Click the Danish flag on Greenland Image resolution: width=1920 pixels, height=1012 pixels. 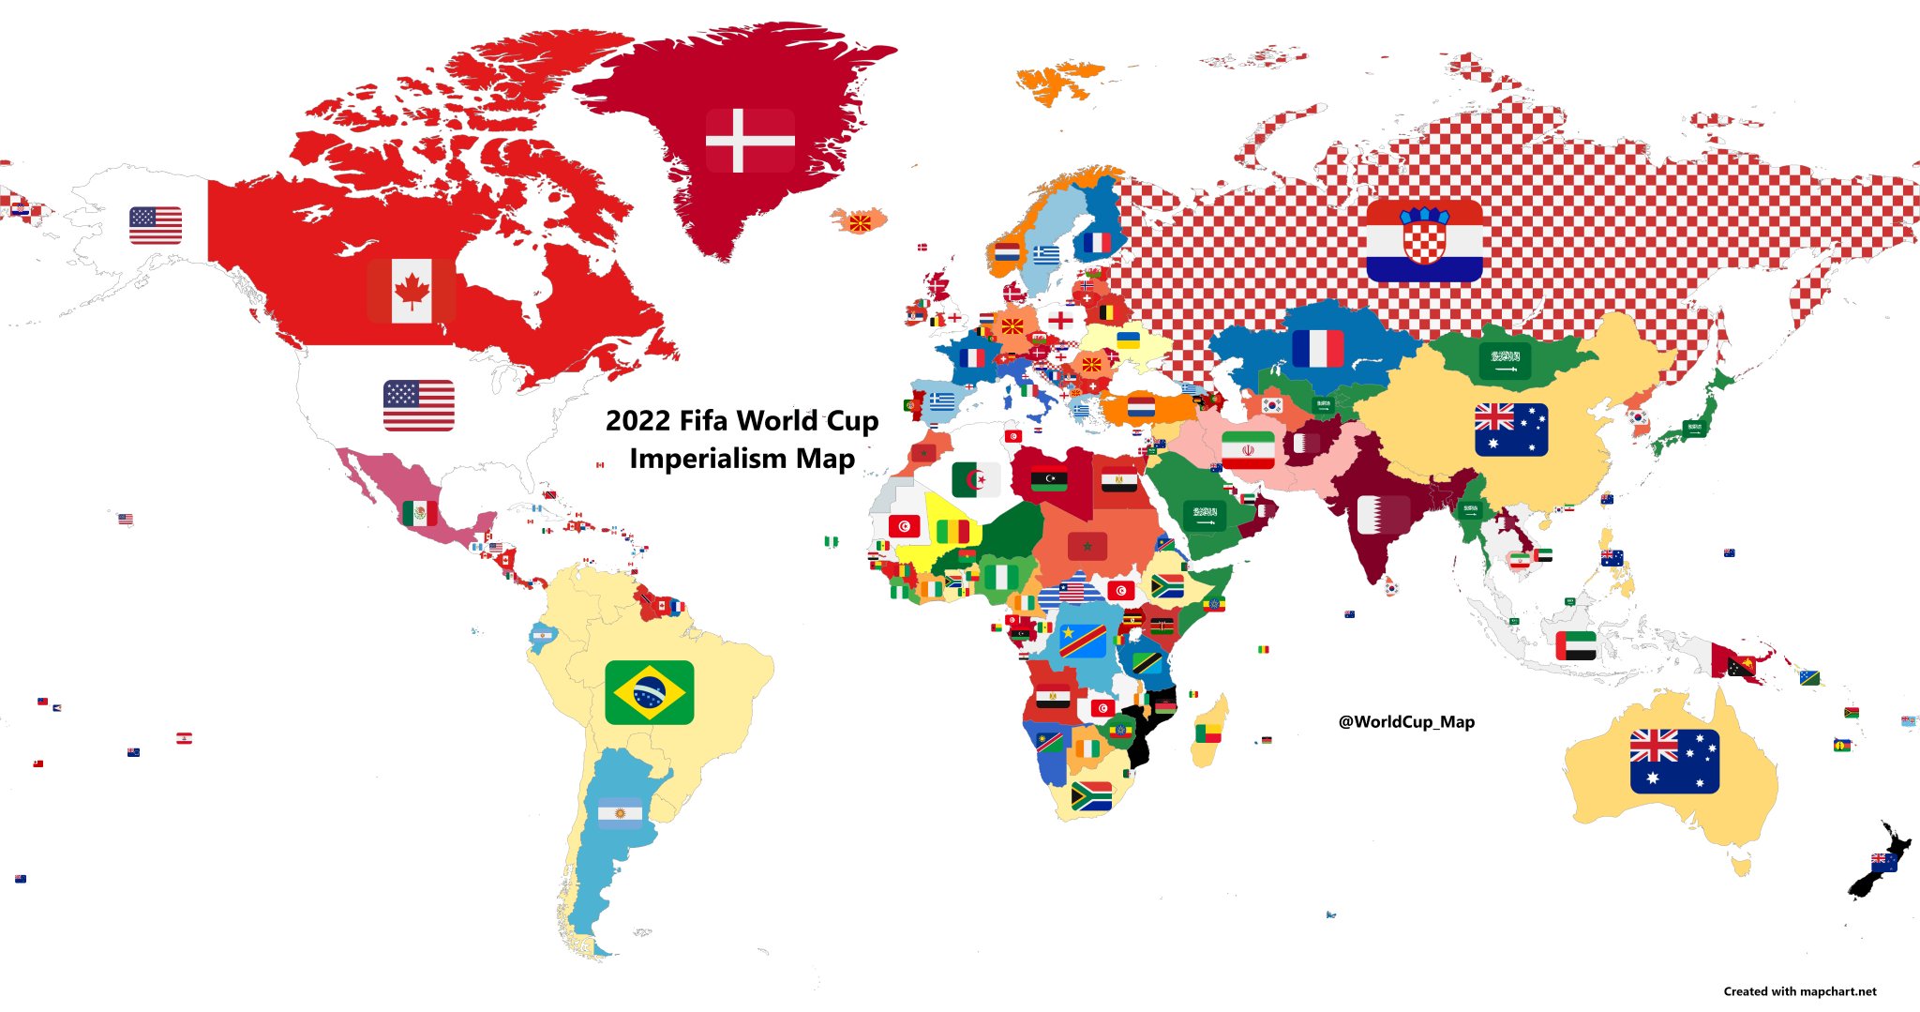(x=749, y=141)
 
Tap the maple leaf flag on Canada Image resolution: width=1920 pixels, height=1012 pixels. (x=411, y=291)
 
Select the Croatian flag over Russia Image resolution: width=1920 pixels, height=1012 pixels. (x=1424, y=241)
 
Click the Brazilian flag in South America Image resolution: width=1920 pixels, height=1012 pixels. (x=650, y=692)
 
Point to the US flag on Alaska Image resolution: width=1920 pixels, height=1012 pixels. (x=156, y=225)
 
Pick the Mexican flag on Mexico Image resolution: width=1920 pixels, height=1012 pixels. (x=419, y=512)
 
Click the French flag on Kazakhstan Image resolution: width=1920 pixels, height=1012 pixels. (x=1317, y=349)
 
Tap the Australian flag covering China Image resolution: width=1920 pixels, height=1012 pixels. (x=1510, y=430)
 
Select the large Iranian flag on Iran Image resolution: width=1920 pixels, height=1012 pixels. (x=1248, y=450)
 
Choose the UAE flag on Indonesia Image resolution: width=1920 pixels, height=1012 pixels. (x=1575, y=645)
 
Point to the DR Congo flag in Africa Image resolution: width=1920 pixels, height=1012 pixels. (x=1083, y=642)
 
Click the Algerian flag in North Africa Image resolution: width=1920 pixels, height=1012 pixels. (x=976, y=480)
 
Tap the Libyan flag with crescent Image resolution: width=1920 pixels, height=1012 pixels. (x=1048, y=480)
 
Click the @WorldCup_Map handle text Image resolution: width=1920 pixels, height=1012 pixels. (x=1406, y=721)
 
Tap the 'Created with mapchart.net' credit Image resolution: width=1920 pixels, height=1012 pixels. (x=1799, y=991)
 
